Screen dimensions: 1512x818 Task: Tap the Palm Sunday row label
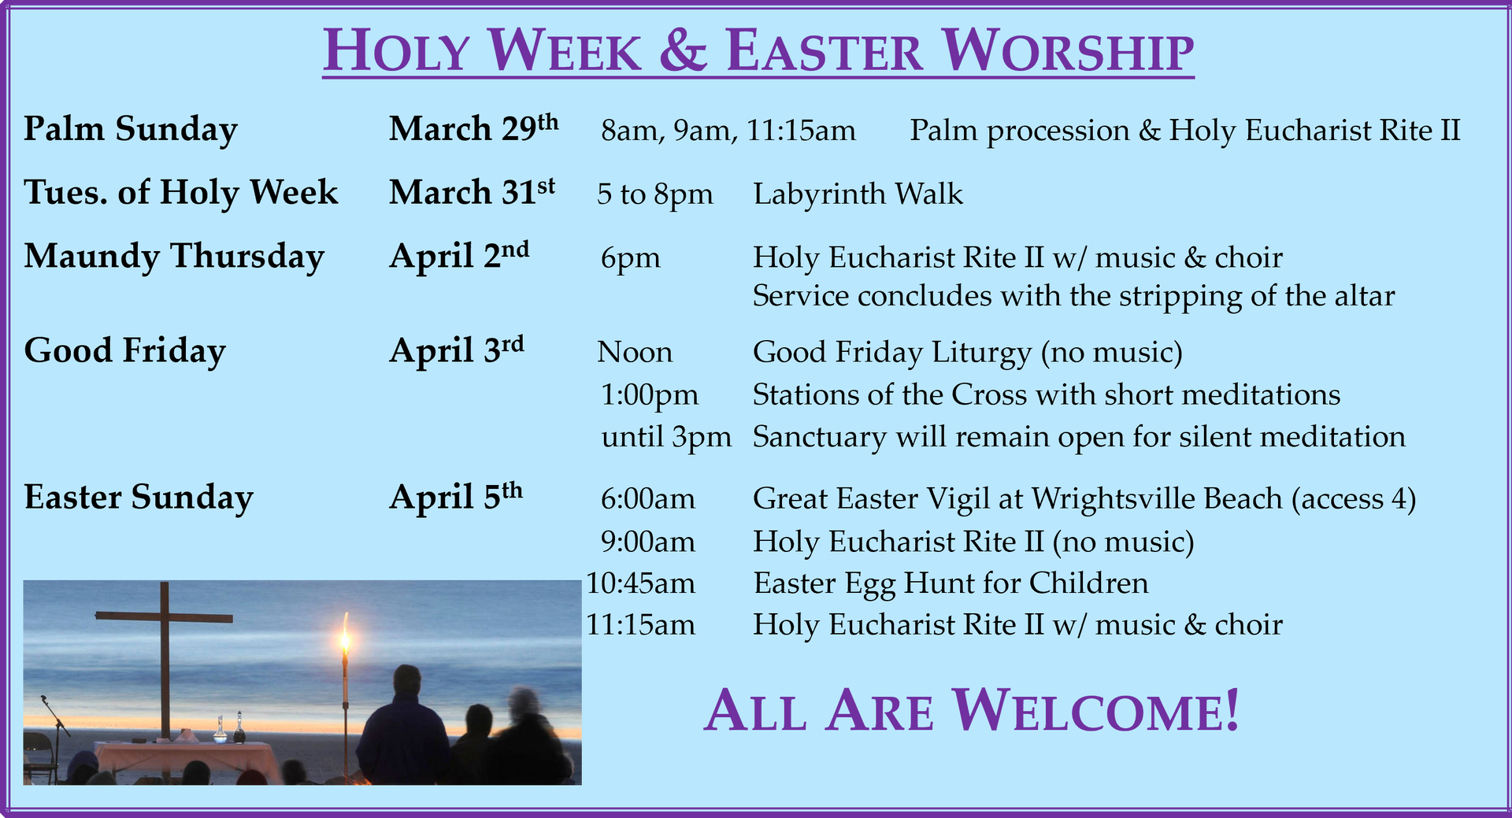[131, 129]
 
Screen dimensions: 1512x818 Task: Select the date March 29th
[473, 128]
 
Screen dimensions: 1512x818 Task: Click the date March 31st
[472, 191]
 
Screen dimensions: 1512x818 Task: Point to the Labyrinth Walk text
[858, 194]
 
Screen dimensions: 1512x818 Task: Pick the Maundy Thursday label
[174, 257]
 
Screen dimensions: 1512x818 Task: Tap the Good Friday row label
[124, 351]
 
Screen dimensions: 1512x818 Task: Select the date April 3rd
[457, 350]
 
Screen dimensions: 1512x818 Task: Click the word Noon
[635, 352]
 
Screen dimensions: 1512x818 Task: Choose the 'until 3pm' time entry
[666, 437]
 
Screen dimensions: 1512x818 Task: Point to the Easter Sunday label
[139, 498]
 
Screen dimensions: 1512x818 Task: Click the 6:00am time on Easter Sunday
[648, 498]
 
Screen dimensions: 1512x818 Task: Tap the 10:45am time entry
[641, 583]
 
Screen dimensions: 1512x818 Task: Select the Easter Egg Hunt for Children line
[951, 583]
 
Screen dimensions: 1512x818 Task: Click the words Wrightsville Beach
[1157, 498]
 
